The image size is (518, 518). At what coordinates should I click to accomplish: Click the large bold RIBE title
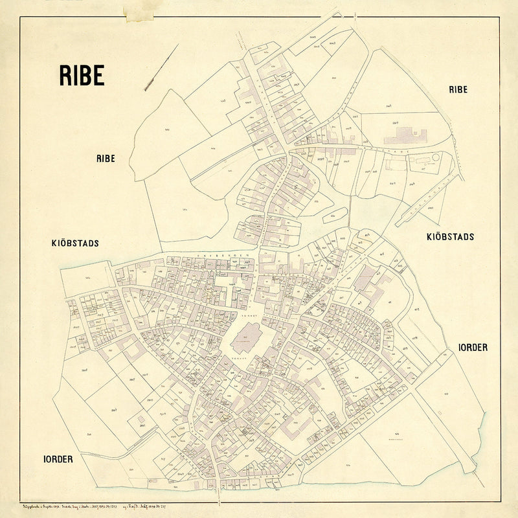pyautogui.click(x=82, y=76)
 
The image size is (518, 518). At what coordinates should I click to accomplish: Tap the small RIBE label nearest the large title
pyautogui.click(x=106, y=158)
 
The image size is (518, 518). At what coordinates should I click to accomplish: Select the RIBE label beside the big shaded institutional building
pyautogui.click(x=458, y=90)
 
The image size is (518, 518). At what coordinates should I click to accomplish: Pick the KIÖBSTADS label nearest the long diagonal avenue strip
pyautogui.click(x=450, y=237)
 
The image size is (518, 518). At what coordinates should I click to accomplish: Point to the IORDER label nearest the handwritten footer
pyautogui.click(x=58, y=459)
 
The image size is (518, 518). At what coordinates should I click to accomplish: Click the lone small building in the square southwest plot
pyautogui.click(x=141, y=420)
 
